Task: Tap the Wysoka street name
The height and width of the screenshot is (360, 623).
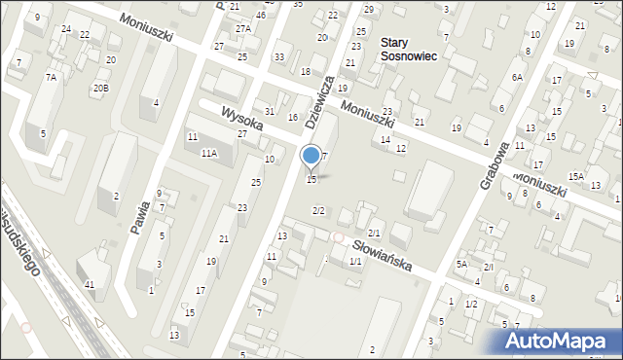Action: pyautogui.click(x=242, y=120)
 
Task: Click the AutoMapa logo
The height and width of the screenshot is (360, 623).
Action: pyautogui.click(x=561, y=342)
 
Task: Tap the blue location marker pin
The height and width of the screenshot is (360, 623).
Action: pyautogui.click(x=311, y=156)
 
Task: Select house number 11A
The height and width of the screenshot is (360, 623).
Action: pyautogui.click(x=208, y=154)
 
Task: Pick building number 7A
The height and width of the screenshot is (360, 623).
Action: pyautogui.click(x=50, y=76)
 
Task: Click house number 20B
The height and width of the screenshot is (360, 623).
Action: pyautogui.click(x=100, y=89)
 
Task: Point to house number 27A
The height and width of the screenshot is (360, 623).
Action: pyautogui.click(x=242, y=29)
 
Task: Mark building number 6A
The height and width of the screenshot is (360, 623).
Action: pyautogui.click(x=518, y=76)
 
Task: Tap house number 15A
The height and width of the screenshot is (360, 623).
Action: pyautogui.click(x=576, y=176)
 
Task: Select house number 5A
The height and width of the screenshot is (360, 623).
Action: pyautogui.click(x=462, y=264)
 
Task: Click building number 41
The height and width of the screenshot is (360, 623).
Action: pyautogui.click(x=89, y=284)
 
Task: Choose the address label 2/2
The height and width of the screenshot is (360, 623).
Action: pyautogui.click(x=317, y=210)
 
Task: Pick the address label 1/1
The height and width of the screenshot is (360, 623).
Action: pyautogui.click(x=356, y=261)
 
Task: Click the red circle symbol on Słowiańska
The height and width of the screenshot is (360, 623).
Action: pyautogui.click(x=339, y=236)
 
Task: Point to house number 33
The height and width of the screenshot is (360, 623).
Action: pyautogui.click(x=279, y=57)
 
